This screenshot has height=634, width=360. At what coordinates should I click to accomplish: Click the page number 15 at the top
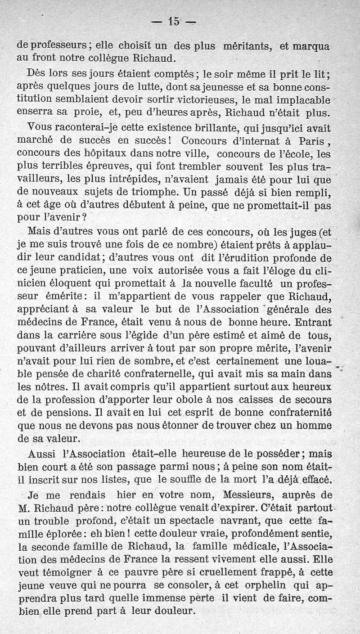174,21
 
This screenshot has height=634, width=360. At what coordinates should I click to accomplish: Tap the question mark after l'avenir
85,216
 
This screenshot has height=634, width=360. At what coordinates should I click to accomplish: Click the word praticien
78,271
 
